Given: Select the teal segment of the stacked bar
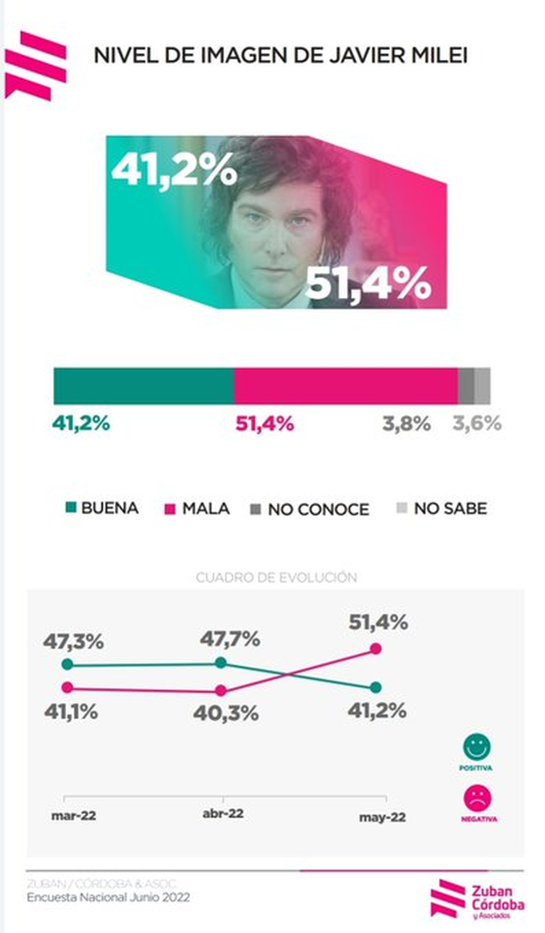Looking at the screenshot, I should pos(144,386).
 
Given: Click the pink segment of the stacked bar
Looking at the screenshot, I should pos(346,386).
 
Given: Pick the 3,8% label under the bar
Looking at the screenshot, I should pos(406,424).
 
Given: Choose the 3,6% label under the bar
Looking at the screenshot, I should pos(477,424).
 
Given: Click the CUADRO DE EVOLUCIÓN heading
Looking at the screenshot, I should pos(276,577).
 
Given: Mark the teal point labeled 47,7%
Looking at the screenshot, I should pos(221,662).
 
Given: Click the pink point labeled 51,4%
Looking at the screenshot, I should pos(376,649).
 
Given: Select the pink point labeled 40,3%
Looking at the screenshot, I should pos(221,691).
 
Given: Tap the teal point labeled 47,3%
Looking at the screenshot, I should pos(67,664).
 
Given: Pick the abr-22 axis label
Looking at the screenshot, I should pos(223,813).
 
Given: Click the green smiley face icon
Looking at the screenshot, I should pos(476,746).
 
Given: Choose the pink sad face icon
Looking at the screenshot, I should pos(477,798).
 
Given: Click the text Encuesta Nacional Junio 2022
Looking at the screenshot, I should pos(108,897).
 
